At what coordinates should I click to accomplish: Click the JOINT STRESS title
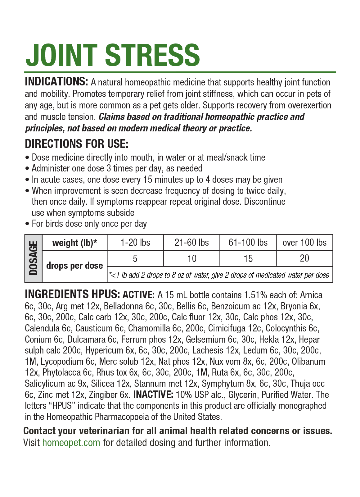pyautogui.click(x=113, y=55)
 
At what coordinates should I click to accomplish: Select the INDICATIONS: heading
pyautogui.click(x=56, y=82)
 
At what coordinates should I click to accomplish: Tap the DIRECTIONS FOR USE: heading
pyautogui.click(x=76, y=144)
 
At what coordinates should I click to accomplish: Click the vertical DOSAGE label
pyautogui.click(x=33, y=258)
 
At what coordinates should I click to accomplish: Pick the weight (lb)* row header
pyautogui.click(x=74, y=243)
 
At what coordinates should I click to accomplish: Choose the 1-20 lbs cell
pyautogui.click(x=135, y=243)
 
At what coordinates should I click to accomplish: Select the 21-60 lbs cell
pyautogui.click(x=191, y=243)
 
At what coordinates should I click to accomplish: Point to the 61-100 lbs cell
pyautogui.click(x=248, y=243)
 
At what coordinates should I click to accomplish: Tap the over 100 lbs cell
pyautogui.click(x=304, y=243)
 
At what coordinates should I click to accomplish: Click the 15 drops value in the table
pyautogui.click(x=248, y=258)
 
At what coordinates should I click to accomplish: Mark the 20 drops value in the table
pyautogui.click(x=304, y=258)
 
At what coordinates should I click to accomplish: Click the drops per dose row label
pyautogui.click(x=74, y=266)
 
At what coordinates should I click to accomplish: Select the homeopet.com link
pyautogui.click(x=71, y=442)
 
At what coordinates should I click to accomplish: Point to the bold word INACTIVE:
pyautogui.click(x=153, y=395)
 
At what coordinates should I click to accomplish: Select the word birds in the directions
pyautogui.click(x=55, y=224)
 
